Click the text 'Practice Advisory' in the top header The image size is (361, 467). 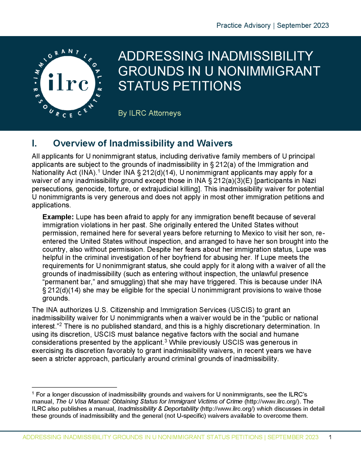[243, 26]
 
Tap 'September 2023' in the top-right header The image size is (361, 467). [303, 26]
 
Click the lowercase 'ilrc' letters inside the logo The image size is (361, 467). [68, 83]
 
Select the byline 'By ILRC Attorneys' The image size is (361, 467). [149, 113]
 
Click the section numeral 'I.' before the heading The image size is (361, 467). [34, 144]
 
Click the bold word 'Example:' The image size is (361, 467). [58, 217]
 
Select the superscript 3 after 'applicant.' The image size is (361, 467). [166, 341]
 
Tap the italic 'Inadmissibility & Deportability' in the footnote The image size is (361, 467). [158, 409]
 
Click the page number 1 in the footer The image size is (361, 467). [330, 437]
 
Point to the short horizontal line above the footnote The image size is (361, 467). [74, 387]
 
